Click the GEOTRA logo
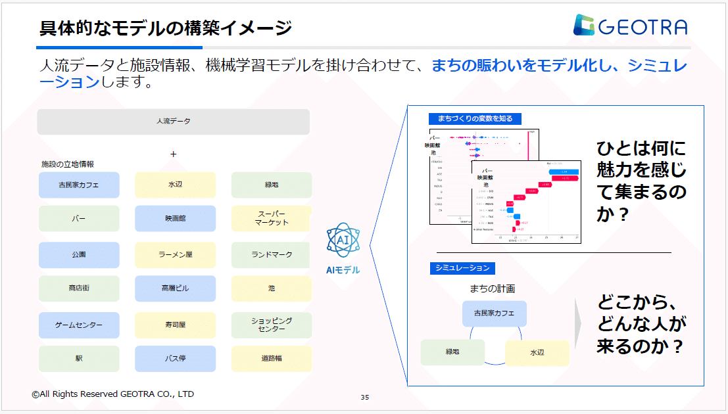pyautogui.click(x=629, y=26)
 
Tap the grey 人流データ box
pyautogui.click(x=173, y=122)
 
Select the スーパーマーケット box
pyautogui.click(x=272, y=219)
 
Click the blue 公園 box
pyautogui.click(x=79, y=255)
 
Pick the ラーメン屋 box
pyautogui.click(x=175, y=255)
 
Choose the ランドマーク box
pyautogui.click(x=272, y=255)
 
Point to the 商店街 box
pyautogui.click(x=79, y=288)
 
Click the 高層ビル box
pyautogui.click(x=175, y=288)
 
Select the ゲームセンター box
pyautogui.click(x=79, y=325)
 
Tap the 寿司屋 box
pyautogui.click(x=175, y=325)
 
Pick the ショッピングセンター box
pyautogui.click(x=272, y=325)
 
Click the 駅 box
pyautogui.click(x=79, y=359)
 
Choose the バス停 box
pyautogui.click(x=175, y=359)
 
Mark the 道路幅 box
pyautogui.click(x=272, y=359)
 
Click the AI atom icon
pyautogui.click(x=343, y=241)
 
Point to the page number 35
pyautogui.click(x=365, y=397)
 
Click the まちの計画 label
pyautogui.click(x=492, y=288)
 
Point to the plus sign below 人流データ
pyautogui.click(x=174, y=154)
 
